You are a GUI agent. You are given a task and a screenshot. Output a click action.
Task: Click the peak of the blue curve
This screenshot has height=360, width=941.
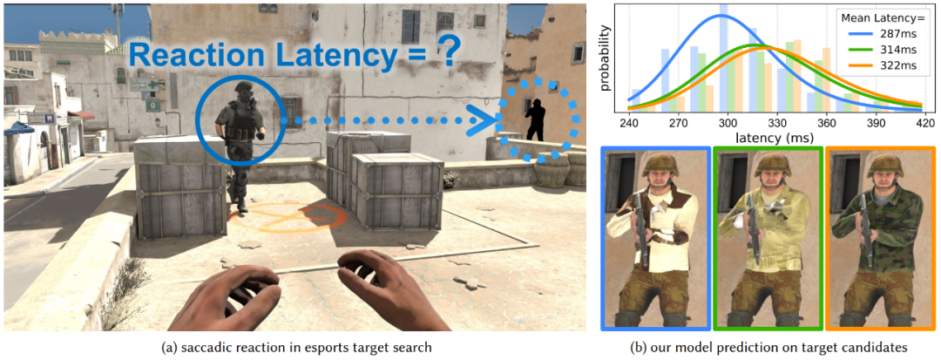pyautogui.click(x=722, y=16)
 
